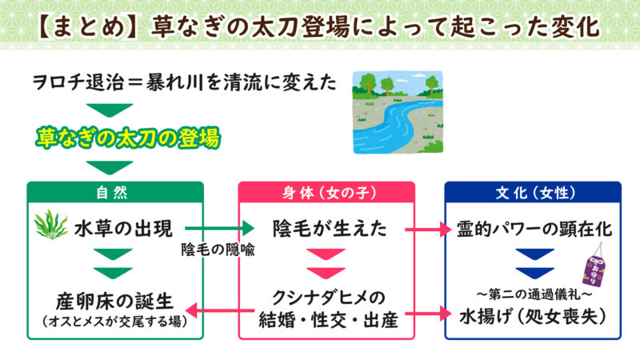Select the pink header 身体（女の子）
coord(326,193)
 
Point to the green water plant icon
coord(50,227)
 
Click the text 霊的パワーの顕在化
coord(534,230)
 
